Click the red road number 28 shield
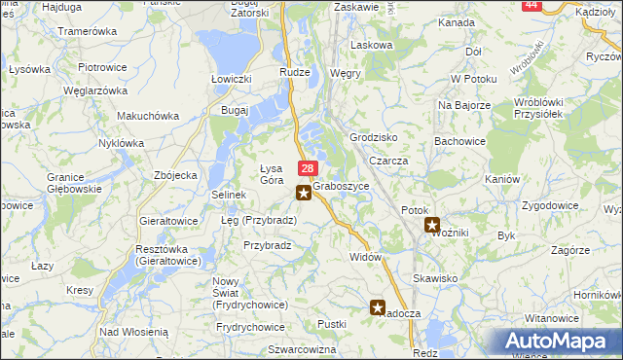coord(307,169)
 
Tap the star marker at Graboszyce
coord(305,193)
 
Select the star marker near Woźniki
coord(432,225)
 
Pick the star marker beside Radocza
coord(378,307)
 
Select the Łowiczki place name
coord(232,78)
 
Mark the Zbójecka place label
coord(176,175)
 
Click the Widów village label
coord(364,256)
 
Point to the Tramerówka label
coord(87,31)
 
